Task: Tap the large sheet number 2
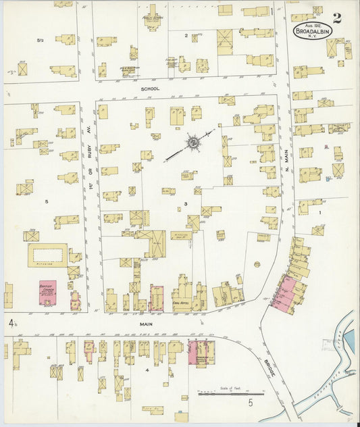pos(336,18)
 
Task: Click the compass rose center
pos(192,143)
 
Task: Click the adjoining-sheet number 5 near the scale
pos(249,403)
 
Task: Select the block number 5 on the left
pos(47,201)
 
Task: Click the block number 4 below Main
pos(146,370)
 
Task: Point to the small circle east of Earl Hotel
pos(257,263)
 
